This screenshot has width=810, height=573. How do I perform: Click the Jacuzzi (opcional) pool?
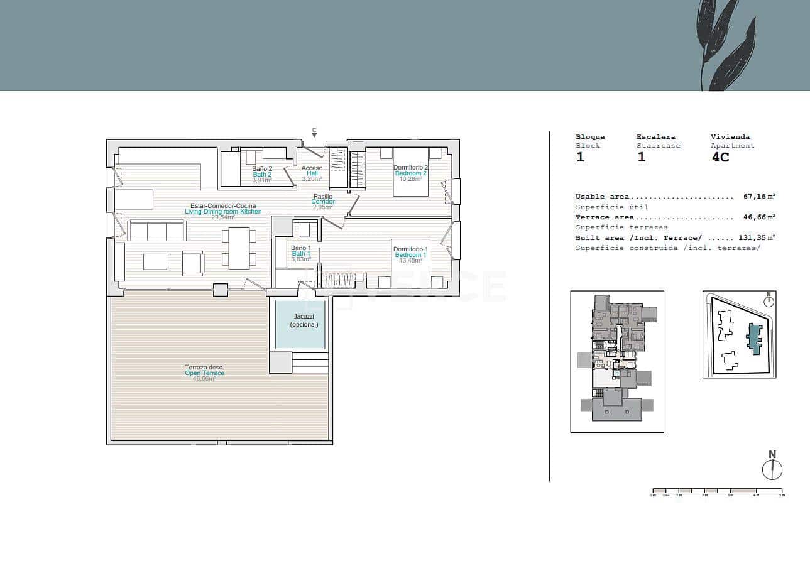[x=300, y=324]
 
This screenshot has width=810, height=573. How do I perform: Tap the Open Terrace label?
[x=204, y=373]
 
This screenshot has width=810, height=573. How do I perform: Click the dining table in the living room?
[x=239, y=248]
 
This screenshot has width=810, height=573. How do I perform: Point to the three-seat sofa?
[x=156, y=231]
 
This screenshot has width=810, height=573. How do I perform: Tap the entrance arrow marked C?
[x=314, y=133]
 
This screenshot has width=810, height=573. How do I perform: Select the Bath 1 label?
[x=300, y=254]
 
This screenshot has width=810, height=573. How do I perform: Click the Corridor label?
[x=323, y=202]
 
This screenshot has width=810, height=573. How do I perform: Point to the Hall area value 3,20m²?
[x=312, y=179]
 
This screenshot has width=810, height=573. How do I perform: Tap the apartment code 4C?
[x=720, y=157]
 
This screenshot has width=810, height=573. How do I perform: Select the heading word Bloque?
[x=590, y=137]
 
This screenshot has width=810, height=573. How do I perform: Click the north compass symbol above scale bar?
[x=772, y=469]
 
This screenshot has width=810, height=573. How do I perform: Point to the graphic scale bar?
[x=718, y=491]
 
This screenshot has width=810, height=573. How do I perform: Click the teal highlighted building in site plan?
[x=753, y=339]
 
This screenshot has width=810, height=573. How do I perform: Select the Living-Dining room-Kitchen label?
[x=223, y=212]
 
